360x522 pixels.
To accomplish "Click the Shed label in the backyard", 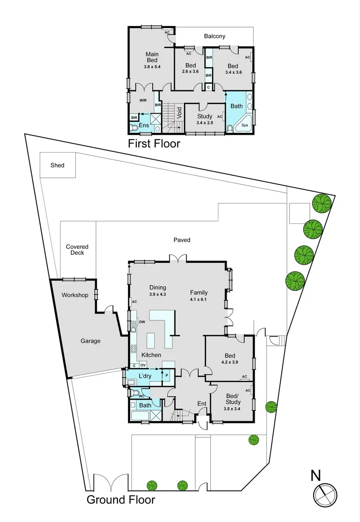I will [x=58, y=165].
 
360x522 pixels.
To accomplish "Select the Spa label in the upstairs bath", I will [x=245, y=125].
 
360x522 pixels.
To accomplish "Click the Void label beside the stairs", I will [x=179, y=113].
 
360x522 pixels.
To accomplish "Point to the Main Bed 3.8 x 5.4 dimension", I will [x=152, y=66].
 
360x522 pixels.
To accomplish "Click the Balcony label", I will [x=215, y=36].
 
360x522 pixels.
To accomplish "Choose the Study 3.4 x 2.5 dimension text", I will [x=205, y=123].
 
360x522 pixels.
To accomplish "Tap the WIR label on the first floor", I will [x=143, y=101].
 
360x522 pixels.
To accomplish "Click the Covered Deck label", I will [x=77, y=250].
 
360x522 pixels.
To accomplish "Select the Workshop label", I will [x=75, y=295].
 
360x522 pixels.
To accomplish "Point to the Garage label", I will [x=90, y=341].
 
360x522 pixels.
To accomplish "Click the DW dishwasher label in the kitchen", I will [x=142, y=322].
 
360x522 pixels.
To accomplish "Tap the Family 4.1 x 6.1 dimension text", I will [x=199, y=299].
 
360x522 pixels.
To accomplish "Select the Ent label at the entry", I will [x=202, y=404].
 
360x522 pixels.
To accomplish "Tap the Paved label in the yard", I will [x=182, y=240].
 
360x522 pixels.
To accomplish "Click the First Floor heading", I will [x=154, y=144].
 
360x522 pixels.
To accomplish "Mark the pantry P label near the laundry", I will [x=167, y=376].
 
